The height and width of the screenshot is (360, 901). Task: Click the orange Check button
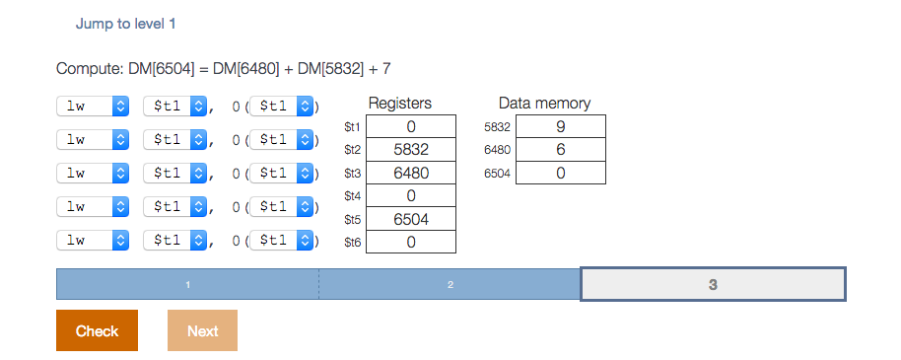pyautogui.click(x=97, y=330)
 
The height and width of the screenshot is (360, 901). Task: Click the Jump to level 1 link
pyautogui.click(x=126, y=23)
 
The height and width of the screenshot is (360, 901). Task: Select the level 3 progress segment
pyautogui.click(x=713, y=284)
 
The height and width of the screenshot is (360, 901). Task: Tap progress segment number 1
pyautogui.click(x=187, y=284)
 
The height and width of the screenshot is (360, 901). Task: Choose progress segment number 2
pyautogui.click(x=450, y=284)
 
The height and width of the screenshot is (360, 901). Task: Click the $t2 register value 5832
pyautogui.click(x=410, y=150)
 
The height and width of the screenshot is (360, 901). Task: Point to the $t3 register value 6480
pyautogui.click(x=410, y=173)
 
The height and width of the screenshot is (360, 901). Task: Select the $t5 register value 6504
pyautogui.click(x=410, y=219)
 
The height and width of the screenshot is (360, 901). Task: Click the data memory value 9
pyautogui.click(x=560, y=127)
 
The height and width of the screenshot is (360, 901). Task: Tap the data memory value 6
pyautogui.click(x=560, y=150)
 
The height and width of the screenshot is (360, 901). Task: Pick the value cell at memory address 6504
pyautogui.click(x=560, y=173)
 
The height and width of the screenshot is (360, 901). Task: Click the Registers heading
pyautogui.click(x=399, y=103)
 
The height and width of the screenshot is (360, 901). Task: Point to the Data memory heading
pyautogui.click(x=544, y=103)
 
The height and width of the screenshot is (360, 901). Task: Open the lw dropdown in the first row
pyautogui.click(x=93, y=106)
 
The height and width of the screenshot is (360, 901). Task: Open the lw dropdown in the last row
pyautogui.click(x=93, y=240)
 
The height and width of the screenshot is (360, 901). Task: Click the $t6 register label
pyautogui.click(x=352, y=243)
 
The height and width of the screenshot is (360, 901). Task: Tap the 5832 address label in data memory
pyautogui.click(x=498, y=127)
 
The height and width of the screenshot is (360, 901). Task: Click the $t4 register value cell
pyautogui.click(x=410, y=196)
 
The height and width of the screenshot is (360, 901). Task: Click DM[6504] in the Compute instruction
pyautogui.click(x=164, y=68)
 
